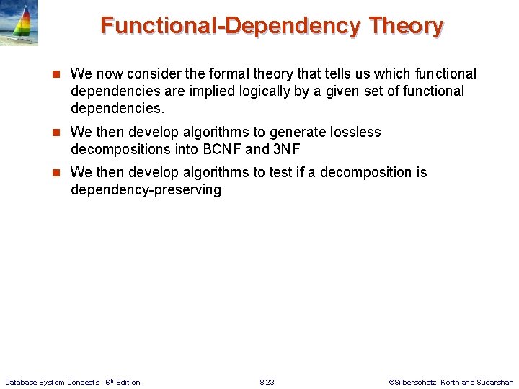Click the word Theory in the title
pyautogui.click(x=406, y=26)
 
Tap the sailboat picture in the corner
pyautogui.click(x=19, y=23)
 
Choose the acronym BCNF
pyautogui.click(x=218, y=149)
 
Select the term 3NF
pyautogui.click(x=287, y=149)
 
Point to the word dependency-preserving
pyautogui.click(x=146, y=189)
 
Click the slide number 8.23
pyautogui.click(x=267, y=382)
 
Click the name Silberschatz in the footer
pyautogui.click(x=416, y=382)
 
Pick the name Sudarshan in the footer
pyautogui.click(x=496, y=382)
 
